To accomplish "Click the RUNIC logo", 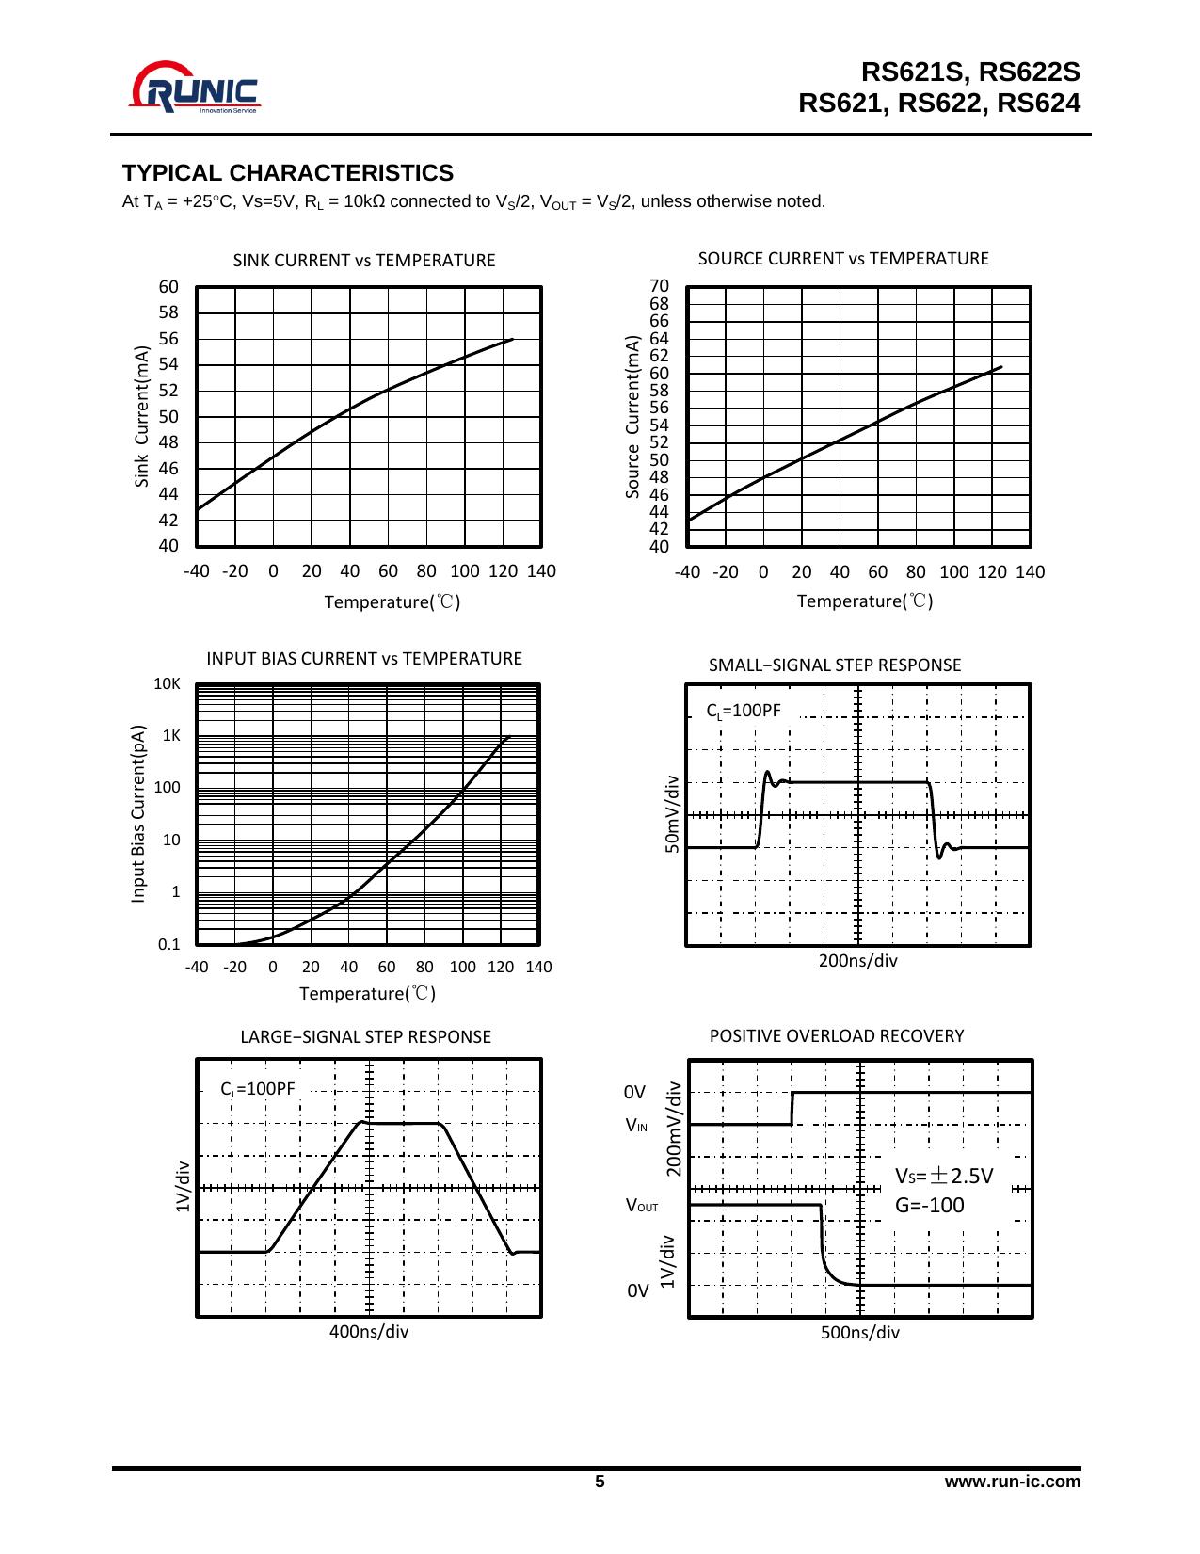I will click(x=195, y=88).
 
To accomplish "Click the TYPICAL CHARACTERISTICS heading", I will click(x=288, y=173).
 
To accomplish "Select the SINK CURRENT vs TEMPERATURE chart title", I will click(x=363, y=261).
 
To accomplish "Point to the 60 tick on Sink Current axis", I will click(x=168, y=287).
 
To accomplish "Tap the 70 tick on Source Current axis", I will click(x=659, y=286).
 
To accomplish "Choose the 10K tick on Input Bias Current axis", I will click(x=167, y=684).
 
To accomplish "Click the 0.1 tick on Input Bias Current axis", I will click(x=168, y=944).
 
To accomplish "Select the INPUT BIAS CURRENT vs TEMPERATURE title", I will click(x=363, y=659).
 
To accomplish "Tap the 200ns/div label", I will click(x=857, y=961).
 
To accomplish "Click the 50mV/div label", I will click(x=672, y=814).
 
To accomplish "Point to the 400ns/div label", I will click(x=369, y=1332).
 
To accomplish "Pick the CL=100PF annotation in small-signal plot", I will click(x=744, y=711).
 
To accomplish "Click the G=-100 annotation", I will click(x=930, y=1206).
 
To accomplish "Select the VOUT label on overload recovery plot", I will click(x=642, y=1206).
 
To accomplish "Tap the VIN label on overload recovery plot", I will click(x=637, y=1126).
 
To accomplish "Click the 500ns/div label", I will click(x=860, y=1333).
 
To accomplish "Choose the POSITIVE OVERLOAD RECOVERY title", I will click(x=837, y=1036).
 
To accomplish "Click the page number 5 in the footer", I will click(x=600, y=1482).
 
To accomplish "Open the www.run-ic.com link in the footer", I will click(x=1013, y=1482).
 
